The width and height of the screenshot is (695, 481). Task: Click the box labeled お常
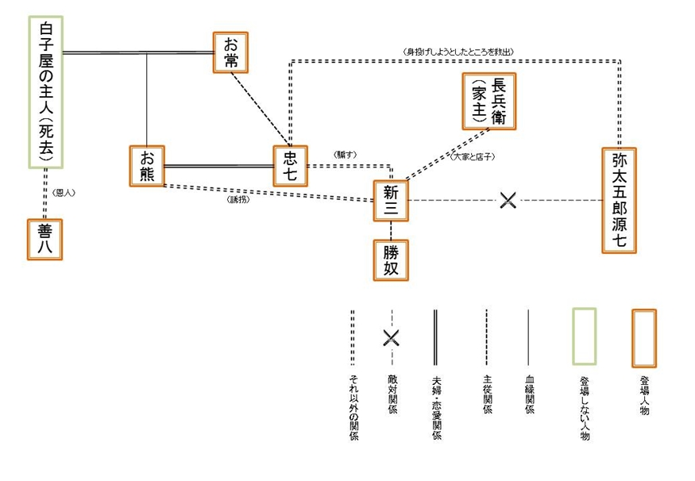coord(231,52)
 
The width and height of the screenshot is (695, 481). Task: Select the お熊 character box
coord(148,166)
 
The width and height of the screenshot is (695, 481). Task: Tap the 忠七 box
coord(290,166)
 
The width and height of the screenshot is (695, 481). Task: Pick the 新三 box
coord(390,200)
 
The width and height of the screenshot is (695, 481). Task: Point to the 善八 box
coord(44,238)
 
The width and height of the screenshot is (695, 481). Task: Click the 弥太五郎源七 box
coord(620,199)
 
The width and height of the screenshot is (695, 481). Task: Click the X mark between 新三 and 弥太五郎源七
coord(508,200)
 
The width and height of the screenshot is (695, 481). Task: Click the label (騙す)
coord(347,154)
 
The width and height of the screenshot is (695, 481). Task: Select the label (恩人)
coord(64,193)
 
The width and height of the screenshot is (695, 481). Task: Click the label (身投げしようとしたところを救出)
coord(458,51)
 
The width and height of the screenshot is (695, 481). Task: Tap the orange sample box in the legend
coord(643,337)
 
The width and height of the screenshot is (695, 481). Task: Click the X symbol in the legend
coord(390,337)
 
